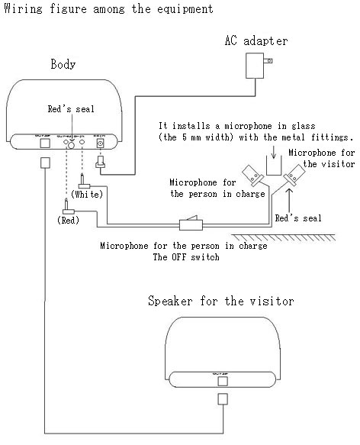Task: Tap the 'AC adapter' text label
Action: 256,40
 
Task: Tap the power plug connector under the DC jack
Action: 98,163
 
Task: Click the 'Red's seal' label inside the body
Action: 69,109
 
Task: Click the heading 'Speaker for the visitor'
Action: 220,301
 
